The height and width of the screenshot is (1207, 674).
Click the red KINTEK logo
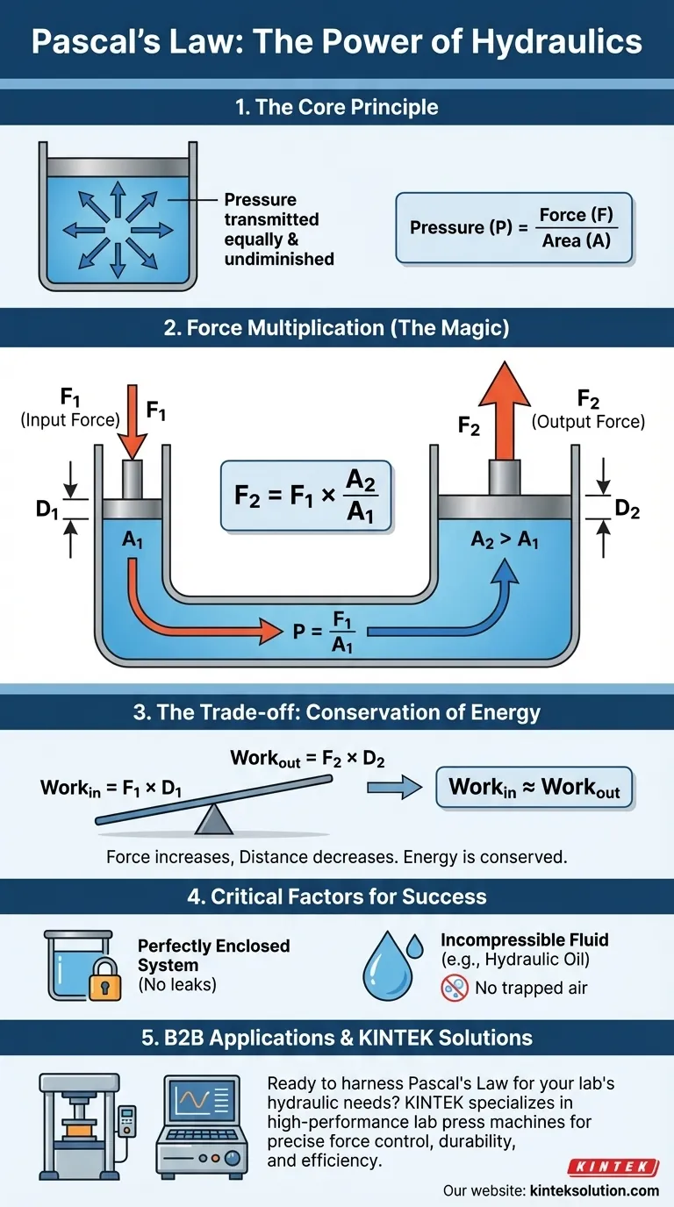(614, 1167)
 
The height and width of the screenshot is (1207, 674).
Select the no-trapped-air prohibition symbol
(452, 988)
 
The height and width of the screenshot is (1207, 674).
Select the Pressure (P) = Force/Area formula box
(513, 228)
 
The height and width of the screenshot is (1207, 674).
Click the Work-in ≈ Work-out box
(534, 788)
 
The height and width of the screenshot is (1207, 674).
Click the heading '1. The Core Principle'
(337, 108)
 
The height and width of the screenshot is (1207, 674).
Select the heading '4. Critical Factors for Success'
(337, 897)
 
